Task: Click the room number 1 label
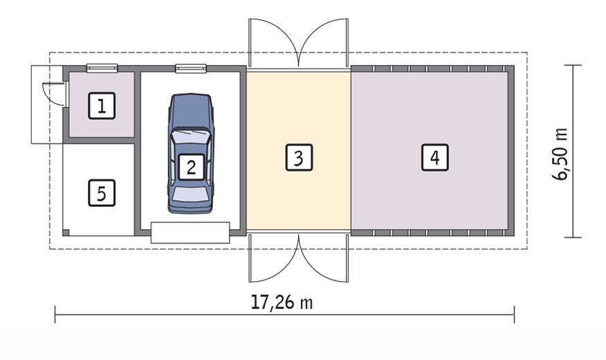102,107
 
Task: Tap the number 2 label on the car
191,166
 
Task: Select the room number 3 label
298,158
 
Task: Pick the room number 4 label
434,158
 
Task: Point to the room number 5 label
102,193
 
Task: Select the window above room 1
101,68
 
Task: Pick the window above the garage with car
191,68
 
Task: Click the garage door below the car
190,232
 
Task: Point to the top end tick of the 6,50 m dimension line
573,65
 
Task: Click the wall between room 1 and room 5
99,140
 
